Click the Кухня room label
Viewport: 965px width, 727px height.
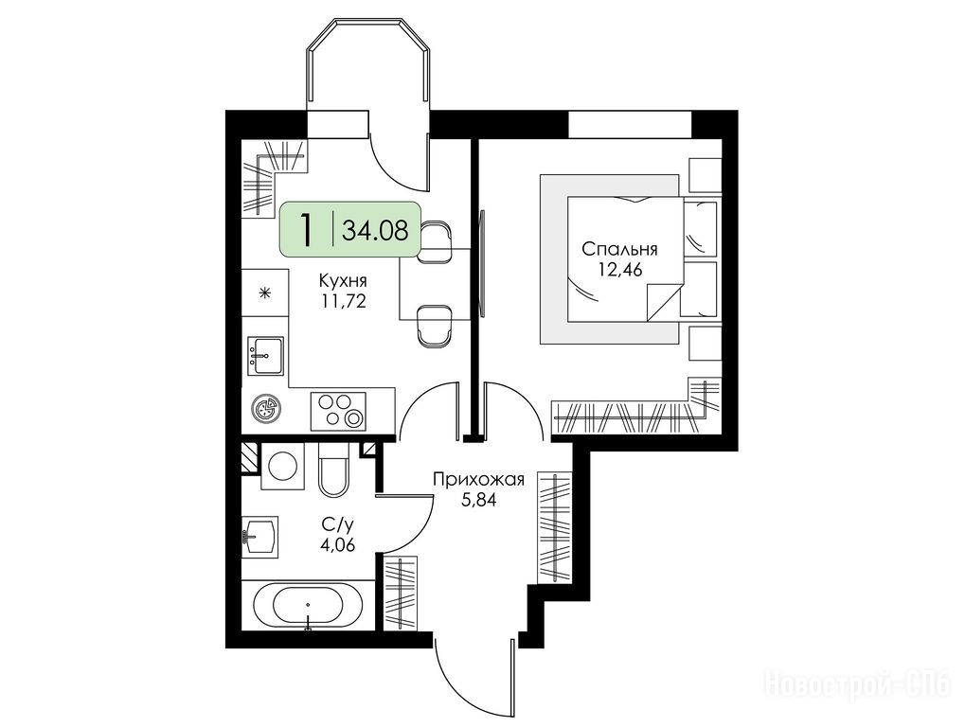[343, 281]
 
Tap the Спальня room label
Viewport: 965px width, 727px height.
[619, 249]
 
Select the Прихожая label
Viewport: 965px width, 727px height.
[478, 479]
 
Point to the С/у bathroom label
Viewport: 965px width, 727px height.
[338, 524]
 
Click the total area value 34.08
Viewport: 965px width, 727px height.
[375, 232]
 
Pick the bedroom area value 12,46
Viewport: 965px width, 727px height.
[620, 270]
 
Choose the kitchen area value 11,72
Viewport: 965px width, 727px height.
[344, 301]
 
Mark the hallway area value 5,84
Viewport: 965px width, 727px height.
[478, 500]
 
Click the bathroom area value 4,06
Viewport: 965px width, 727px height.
[338, 545]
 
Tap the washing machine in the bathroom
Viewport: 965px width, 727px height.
[283, 467]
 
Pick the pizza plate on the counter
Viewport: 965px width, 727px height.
[265, 408]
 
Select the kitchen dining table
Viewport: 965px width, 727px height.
[435, 284]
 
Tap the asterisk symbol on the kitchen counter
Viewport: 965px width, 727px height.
[265, 293]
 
